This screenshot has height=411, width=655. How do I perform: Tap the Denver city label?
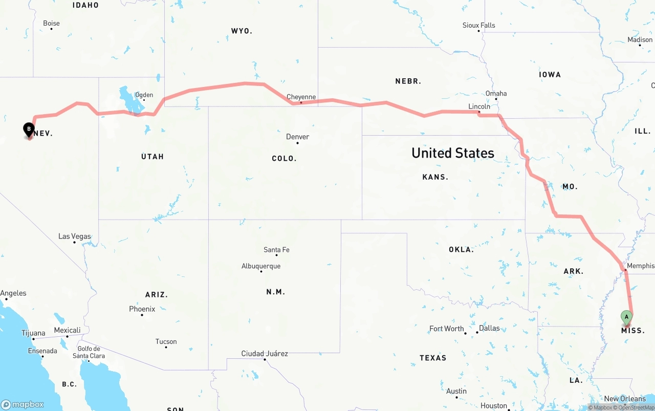[x=297, y=137]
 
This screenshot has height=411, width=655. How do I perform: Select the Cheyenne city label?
[x=301, y=97]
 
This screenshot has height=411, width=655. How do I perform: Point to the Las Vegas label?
[x=74, y=236]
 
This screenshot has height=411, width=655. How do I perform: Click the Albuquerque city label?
[x=261, y=266]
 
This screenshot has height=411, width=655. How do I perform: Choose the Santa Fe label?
[x=276, y=250]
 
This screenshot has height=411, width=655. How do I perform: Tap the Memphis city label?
[x=640, y=266]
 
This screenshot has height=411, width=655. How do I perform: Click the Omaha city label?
[x=496, y=93]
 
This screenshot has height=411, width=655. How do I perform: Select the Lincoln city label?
[x=479, y=106]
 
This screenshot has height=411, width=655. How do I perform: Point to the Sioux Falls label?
[x=478, y=25]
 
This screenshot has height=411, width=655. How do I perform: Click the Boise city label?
[x=51, y=23]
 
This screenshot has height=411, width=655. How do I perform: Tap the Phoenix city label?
[x=142, y=309]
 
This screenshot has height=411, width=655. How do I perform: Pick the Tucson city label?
[x=166, y=341]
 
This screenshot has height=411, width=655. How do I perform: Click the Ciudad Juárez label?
[x=265, y=354]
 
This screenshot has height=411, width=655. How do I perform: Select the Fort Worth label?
[x=446, y=329]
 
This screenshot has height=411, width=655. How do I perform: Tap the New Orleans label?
[x=625, y=399]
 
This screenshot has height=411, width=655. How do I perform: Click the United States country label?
[x=452, y=153]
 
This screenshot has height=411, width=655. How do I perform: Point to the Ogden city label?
[x=144, y=95]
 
